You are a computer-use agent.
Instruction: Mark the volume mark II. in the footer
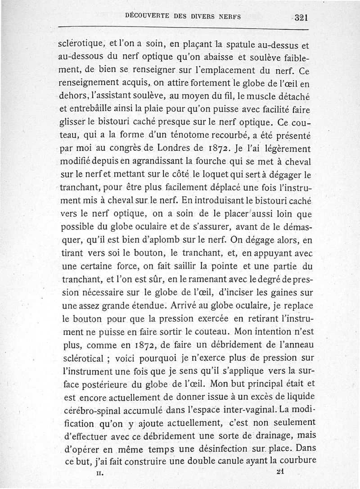click(x=100, y=474)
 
